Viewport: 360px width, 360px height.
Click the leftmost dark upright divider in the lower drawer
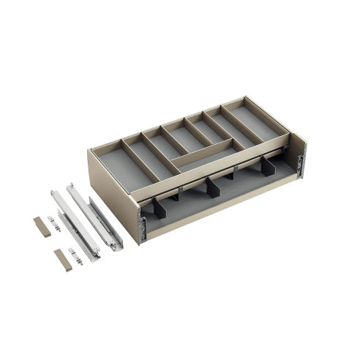click(x=157, y=212)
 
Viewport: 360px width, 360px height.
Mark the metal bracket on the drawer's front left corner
click(x=143, y=230)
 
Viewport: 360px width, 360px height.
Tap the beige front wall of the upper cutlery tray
click(x=205, y=176)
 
